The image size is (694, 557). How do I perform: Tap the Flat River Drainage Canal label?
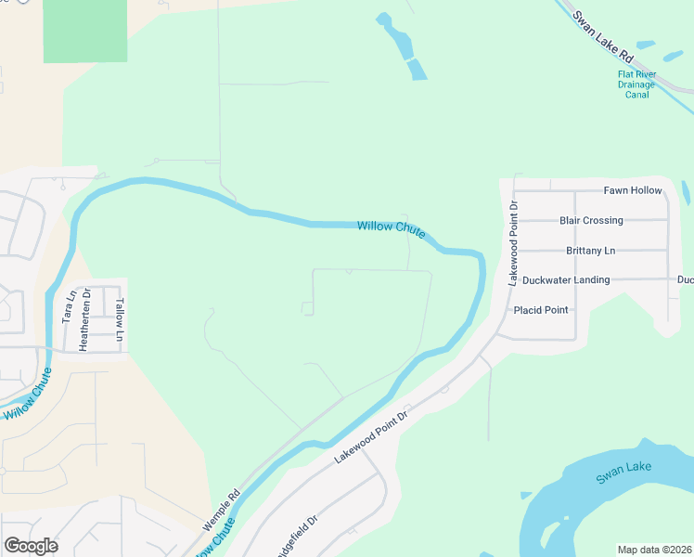tap(636, 85)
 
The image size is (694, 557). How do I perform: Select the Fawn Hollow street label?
tap(633, 190)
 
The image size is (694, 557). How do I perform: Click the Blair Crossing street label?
tap(591, 221)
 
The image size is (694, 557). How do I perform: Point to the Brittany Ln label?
tap(590, 251)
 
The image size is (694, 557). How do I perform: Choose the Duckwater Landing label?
tap(566, 279)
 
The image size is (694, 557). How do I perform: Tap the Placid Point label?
tap(541, 310)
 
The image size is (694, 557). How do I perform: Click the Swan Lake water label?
tap(623, 473)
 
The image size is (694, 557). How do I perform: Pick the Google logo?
tap(31, 546)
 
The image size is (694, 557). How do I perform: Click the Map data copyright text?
tap(654, 550)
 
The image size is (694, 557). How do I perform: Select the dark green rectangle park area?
tap(85, 30)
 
